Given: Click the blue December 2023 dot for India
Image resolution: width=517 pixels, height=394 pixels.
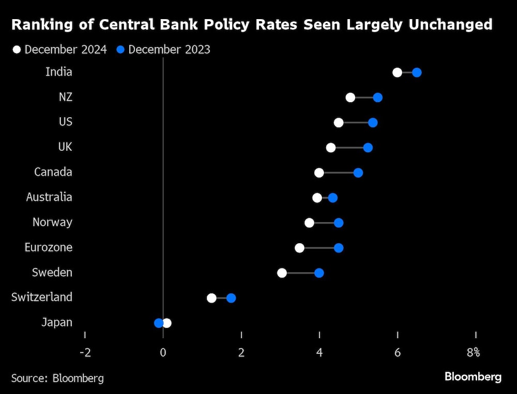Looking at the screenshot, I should pos(417,72).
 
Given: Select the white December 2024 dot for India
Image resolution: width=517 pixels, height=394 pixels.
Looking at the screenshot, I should pos(397,72).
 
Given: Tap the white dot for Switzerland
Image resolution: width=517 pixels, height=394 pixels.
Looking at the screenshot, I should pos(211,298).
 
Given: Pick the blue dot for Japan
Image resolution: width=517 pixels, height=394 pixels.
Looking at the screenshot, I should pos(159,323).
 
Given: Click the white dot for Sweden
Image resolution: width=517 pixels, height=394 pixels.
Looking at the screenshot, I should pos(282,273).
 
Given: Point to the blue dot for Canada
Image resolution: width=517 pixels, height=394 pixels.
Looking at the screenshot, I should pos(358,172).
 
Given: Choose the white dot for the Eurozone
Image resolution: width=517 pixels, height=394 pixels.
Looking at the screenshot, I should pos(299,248).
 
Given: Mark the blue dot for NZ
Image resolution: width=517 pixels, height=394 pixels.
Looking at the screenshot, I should pos(377,98).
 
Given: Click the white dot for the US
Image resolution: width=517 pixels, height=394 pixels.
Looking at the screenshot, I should pos(339,122).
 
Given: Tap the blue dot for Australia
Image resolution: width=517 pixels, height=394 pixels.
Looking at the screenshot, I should pos(332,198).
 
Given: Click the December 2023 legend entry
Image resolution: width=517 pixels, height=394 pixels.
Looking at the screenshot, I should pos(163,50).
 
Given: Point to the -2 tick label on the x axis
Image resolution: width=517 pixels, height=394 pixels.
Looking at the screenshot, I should pos(85,353).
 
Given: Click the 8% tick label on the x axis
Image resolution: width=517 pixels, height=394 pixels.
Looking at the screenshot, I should pos(473,353).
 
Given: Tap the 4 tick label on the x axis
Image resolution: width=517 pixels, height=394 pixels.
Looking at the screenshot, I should pos(320,353).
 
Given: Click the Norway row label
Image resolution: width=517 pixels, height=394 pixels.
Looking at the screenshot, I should pos(52,223).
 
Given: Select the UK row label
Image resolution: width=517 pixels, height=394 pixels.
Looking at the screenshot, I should pos(65,147).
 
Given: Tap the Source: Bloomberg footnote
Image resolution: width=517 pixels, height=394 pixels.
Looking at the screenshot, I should pos(57,378).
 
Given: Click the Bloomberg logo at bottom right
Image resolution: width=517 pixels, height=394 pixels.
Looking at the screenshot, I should pos(473,377).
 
